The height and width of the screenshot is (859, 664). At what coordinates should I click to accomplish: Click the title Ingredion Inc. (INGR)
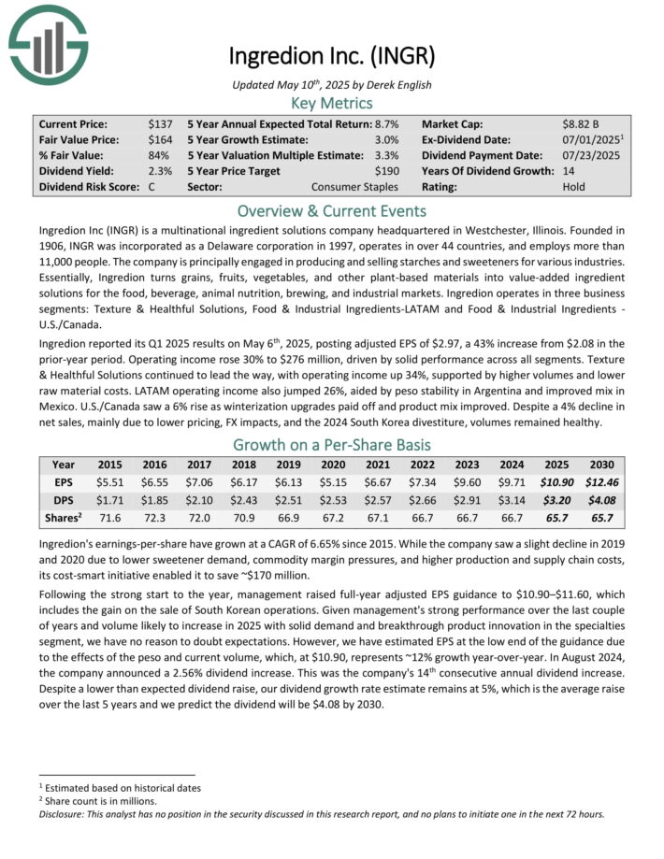tap(331, 56)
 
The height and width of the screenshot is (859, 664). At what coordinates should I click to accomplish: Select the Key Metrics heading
tap(331, 103)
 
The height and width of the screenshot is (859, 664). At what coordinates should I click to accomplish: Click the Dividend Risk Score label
tap(89, 187)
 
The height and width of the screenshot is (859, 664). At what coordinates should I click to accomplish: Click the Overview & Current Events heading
tap(331, 210)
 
